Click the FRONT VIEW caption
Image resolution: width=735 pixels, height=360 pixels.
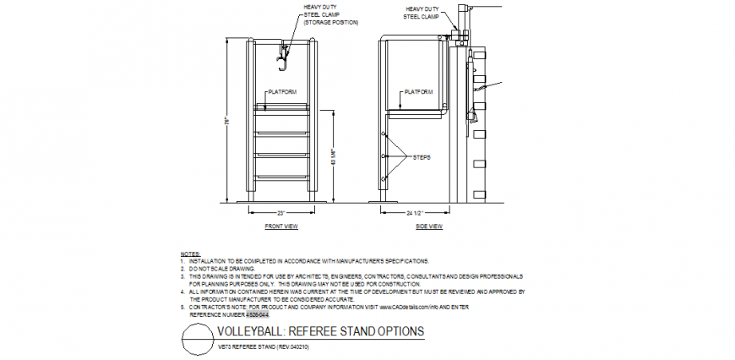[x=281, y=226]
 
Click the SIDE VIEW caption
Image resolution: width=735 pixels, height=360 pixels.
[x=429, y=226]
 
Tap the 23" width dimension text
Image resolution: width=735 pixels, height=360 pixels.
[x=281, y=212]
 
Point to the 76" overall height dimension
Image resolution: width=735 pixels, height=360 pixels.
[x=226, y=120]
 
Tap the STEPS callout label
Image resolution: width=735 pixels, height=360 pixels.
[x=422, y=157]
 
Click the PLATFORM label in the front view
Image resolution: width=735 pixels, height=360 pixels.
[x=281, y=91]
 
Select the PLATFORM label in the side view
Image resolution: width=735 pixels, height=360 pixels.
[x=418, y=91]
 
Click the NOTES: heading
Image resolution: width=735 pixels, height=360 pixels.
[x=189, y=254]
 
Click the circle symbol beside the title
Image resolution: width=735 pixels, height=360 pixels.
[x=196, y=343]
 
